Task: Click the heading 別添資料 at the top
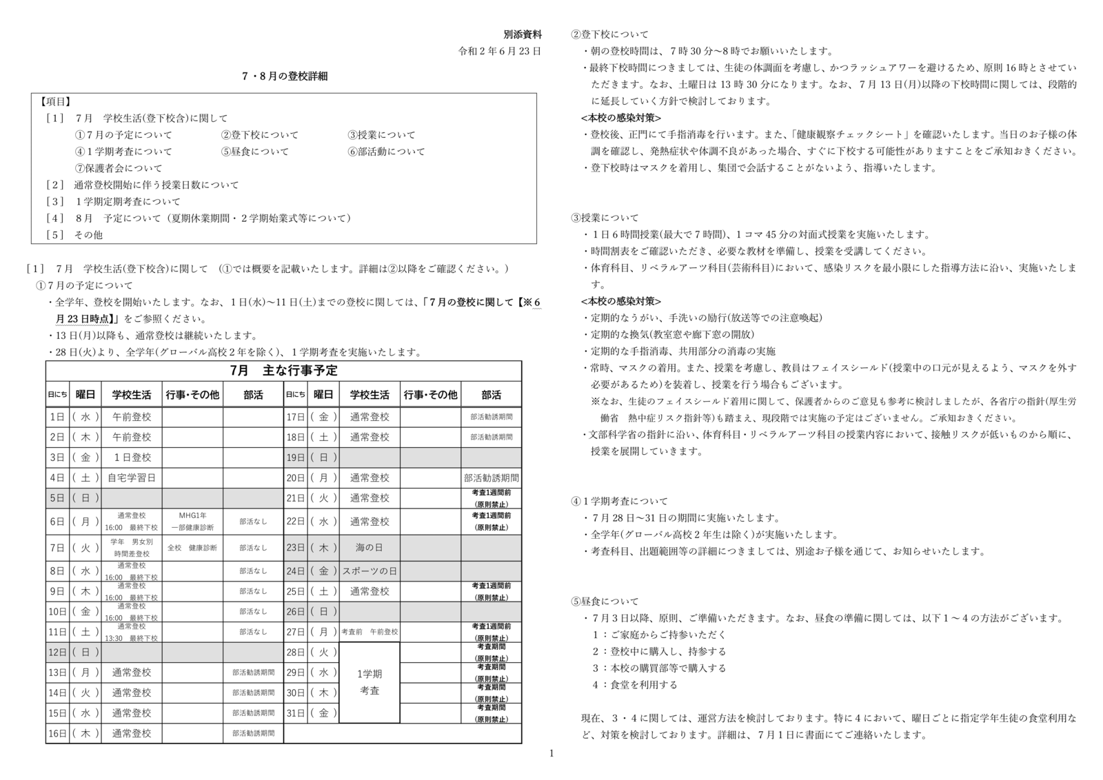522,34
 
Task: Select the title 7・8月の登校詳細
285,76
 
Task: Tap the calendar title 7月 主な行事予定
284,371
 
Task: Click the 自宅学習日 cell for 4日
132,478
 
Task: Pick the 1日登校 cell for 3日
132,458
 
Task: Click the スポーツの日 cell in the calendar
370,571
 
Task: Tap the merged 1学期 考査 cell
370,682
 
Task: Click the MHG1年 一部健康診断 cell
192,522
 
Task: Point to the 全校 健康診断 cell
192,548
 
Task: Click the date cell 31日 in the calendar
295,713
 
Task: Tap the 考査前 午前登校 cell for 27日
370,632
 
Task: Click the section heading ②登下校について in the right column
609,34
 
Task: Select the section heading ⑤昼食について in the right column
605,602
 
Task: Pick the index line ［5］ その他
74,235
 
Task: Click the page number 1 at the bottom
551,753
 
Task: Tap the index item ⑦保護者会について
119,168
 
